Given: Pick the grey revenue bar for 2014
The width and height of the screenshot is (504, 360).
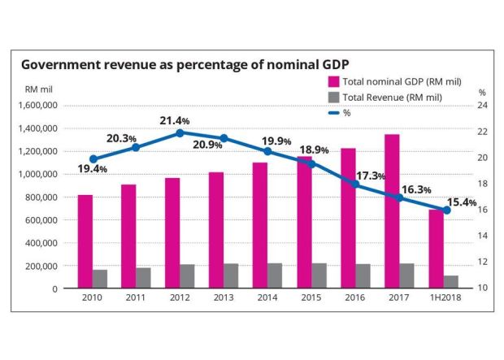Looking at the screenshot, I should click(x=275, y=275).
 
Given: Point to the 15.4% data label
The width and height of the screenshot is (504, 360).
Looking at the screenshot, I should click(x=459, y=202).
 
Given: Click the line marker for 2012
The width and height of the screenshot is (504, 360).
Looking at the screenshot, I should click(x=180, y=132).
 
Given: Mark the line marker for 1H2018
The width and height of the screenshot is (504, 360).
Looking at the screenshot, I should click(x=446, y=210).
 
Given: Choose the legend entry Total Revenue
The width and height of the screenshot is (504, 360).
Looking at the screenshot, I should click(x=381, y=97).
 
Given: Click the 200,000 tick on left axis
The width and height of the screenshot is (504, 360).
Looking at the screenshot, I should click(x=40, y=266).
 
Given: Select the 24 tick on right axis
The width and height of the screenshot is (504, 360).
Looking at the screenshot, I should click(x=481, y=106).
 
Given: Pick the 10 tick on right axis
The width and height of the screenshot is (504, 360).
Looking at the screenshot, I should click(x=481, y=288).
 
